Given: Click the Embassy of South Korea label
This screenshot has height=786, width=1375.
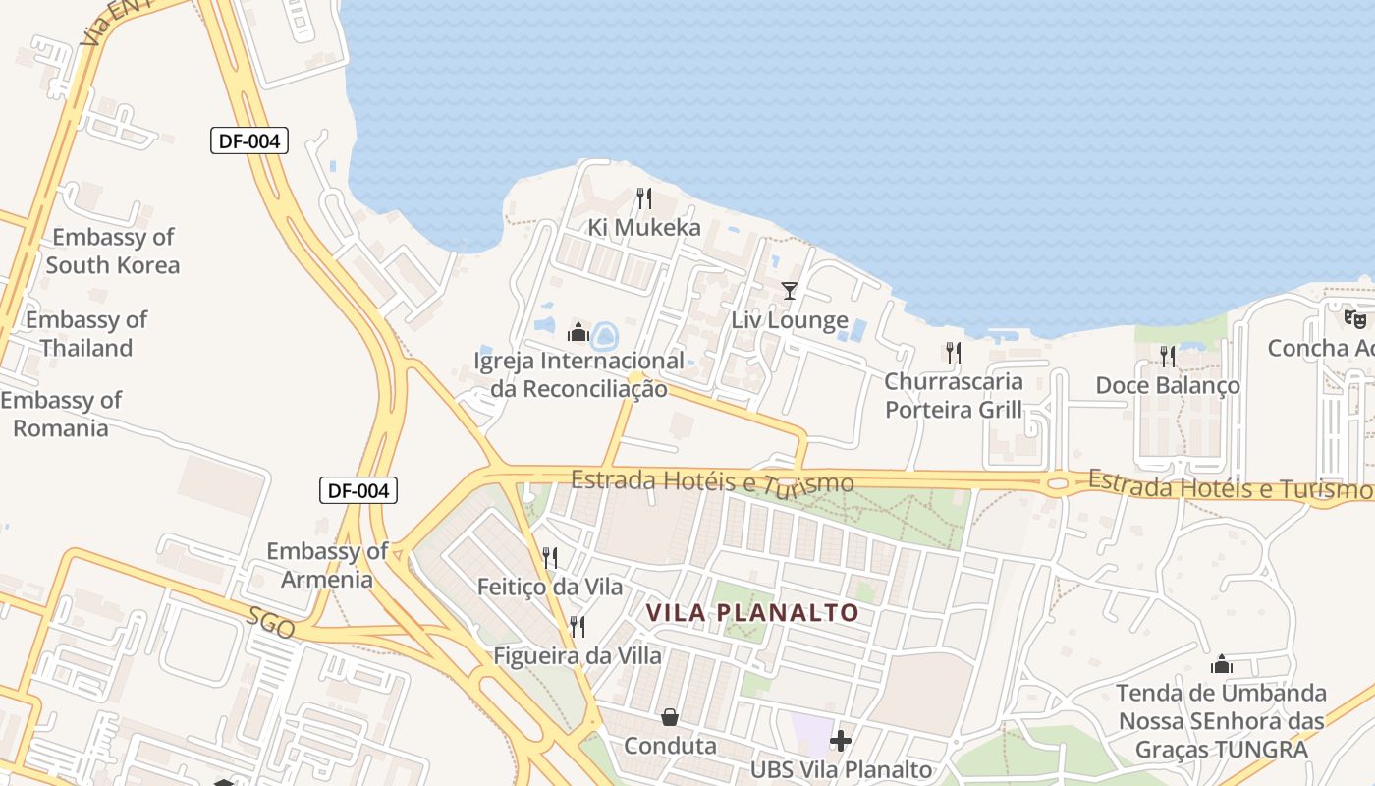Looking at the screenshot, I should click(113, 251).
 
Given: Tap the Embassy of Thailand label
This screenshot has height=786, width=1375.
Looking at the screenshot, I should click(86, 334).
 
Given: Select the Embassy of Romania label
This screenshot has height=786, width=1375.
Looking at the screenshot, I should click(61, 414).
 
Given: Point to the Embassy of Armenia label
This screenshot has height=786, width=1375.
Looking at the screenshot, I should click(327, 565).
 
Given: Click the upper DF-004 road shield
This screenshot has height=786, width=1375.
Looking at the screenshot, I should click(249, 140).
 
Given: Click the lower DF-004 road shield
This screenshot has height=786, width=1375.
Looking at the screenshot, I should click(358, 489).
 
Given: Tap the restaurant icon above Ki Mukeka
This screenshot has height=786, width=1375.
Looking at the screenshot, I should click(644, 198).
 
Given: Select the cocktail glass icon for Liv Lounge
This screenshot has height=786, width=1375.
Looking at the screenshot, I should click(790, 291).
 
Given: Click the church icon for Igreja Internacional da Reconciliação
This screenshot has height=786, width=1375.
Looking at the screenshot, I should click(578, 332).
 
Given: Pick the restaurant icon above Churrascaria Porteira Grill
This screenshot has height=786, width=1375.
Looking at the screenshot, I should click(953, 352).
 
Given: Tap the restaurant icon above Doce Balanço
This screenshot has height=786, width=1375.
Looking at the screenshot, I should click(1167, 356).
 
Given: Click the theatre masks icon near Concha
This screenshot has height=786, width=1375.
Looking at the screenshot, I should click(1355, 318).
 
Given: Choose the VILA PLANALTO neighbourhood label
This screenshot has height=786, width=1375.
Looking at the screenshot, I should click(752, 613).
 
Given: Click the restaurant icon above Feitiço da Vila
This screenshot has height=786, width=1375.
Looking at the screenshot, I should click(550, 558).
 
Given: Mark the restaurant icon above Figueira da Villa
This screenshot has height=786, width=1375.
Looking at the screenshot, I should click(577, 626).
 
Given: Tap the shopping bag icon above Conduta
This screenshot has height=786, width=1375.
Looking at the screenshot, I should click(670, 717).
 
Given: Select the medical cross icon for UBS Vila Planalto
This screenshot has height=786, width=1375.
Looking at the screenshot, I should click(841, 740).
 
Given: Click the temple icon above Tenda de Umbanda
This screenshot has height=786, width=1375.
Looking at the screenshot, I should click(1222, 664).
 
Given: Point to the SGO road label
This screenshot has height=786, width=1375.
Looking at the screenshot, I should click(271, 623).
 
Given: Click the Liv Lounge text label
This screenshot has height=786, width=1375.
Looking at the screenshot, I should click(790, 320).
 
